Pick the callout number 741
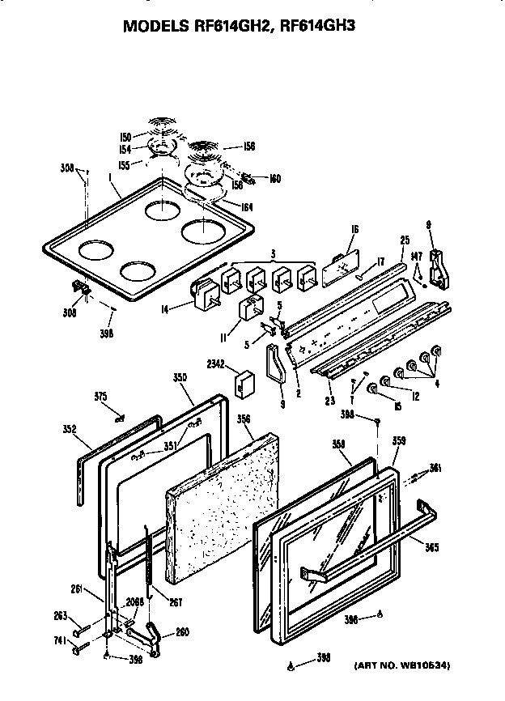(x=58, y=639)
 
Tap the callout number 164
(x=246, y=207)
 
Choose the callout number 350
(x=180, y=378)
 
